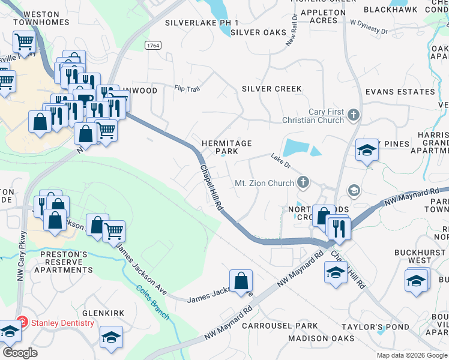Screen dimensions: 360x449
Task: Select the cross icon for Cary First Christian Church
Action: (x=354, y=115)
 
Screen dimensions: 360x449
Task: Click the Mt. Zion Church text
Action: (x=264, y=182)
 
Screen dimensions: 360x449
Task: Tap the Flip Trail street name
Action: (x=187, y=89)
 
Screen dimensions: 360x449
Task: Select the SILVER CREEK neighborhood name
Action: (x=272, y=89)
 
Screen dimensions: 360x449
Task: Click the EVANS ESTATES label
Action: (x=400, y=92)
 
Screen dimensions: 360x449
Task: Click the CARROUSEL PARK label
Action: (x=280, y=326)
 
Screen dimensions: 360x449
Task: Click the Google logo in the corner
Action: (x=19, y=352)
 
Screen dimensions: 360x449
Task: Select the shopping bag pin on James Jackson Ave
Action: (x=241, y=281)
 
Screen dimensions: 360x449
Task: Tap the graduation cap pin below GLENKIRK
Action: (x=111, y=337)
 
